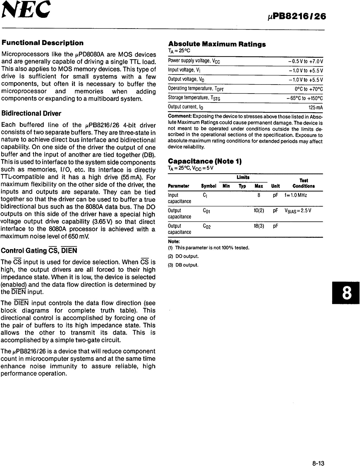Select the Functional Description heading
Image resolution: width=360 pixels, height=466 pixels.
[43, 43]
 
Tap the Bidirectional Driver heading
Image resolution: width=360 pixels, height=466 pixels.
[31, 113]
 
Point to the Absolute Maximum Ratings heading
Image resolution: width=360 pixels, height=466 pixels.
[217, 44]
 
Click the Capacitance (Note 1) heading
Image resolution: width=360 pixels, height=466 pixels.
[205, 161]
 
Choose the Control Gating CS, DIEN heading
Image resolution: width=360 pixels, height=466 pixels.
[39, 251]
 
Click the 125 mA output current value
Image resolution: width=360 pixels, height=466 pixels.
[316, 107]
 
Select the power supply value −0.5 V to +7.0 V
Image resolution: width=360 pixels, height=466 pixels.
[305, 61]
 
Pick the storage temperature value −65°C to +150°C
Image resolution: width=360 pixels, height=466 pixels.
[304, 98]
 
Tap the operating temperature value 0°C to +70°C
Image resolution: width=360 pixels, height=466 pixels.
[309, 89]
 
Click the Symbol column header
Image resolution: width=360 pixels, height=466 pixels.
[209, 186]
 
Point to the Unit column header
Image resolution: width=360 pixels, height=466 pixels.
[275, 186]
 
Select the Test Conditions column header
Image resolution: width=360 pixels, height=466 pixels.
[304, 183]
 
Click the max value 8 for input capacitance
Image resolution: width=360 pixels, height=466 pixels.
[259, 195]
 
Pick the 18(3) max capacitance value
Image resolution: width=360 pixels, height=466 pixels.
[259, 226]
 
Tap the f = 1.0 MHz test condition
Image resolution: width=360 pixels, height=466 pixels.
[295, 195]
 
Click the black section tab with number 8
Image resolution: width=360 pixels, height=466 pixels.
[346, 292]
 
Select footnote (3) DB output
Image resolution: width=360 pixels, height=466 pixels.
[183, 265]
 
